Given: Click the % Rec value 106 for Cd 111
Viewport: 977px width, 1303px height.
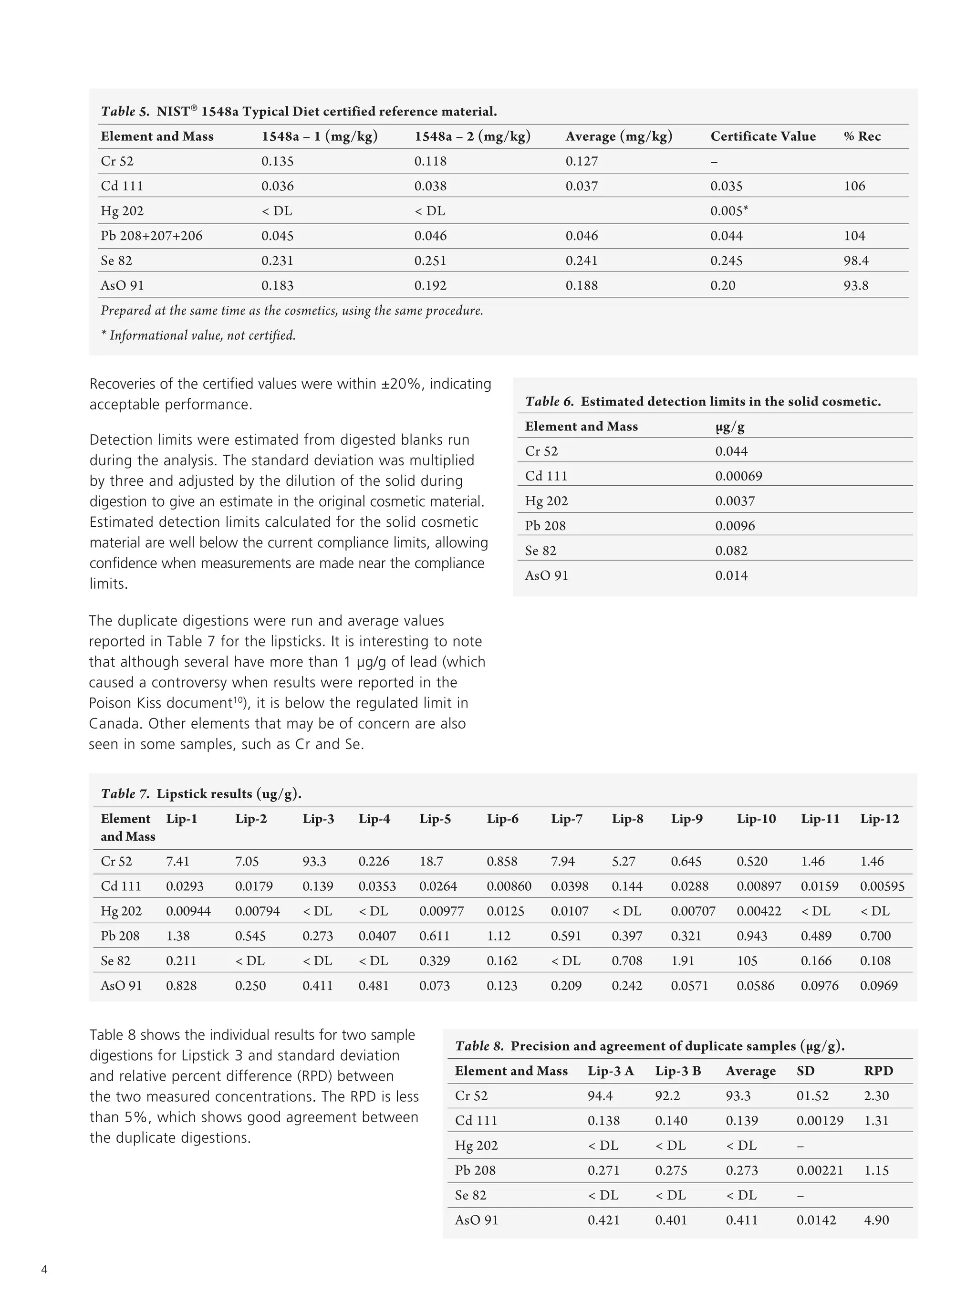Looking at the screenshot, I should [x=854, y=186].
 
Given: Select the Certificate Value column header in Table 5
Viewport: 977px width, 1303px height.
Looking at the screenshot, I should [x=763, y=136].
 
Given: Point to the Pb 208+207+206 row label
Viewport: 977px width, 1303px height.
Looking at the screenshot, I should [x=151, y=236].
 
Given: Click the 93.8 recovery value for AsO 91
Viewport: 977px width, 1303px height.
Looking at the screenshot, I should [x=856, y=286].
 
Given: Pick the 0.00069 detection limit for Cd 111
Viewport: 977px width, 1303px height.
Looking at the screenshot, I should [x=738, y=476].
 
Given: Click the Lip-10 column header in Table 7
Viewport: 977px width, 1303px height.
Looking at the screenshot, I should [x=756, y=819].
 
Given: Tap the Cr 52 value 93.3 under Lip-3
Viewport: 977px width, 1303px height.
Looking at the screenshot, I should [x=314, y=861].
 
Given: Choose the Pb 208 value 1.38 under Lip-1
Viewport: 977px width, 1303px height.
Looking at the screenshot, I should [x=177, y=936].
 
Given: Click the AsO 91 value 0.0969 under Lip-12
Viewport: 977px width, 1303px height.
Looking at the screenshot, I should [x=879, y=986].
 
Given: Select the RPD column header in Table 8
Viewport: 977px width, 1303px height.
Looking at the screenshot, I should [x=878, y=1071].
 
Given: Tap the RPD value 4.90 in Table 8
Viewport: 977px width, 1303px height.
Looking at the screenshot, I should [x=876, y=1220].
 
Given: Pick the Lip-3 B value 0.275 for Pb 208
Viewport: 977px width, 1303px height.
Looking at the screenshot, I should [x=671, y=1170].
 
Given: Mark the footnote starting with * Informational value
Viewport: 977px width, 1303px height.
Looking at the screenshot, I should [x=198, y=335].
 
